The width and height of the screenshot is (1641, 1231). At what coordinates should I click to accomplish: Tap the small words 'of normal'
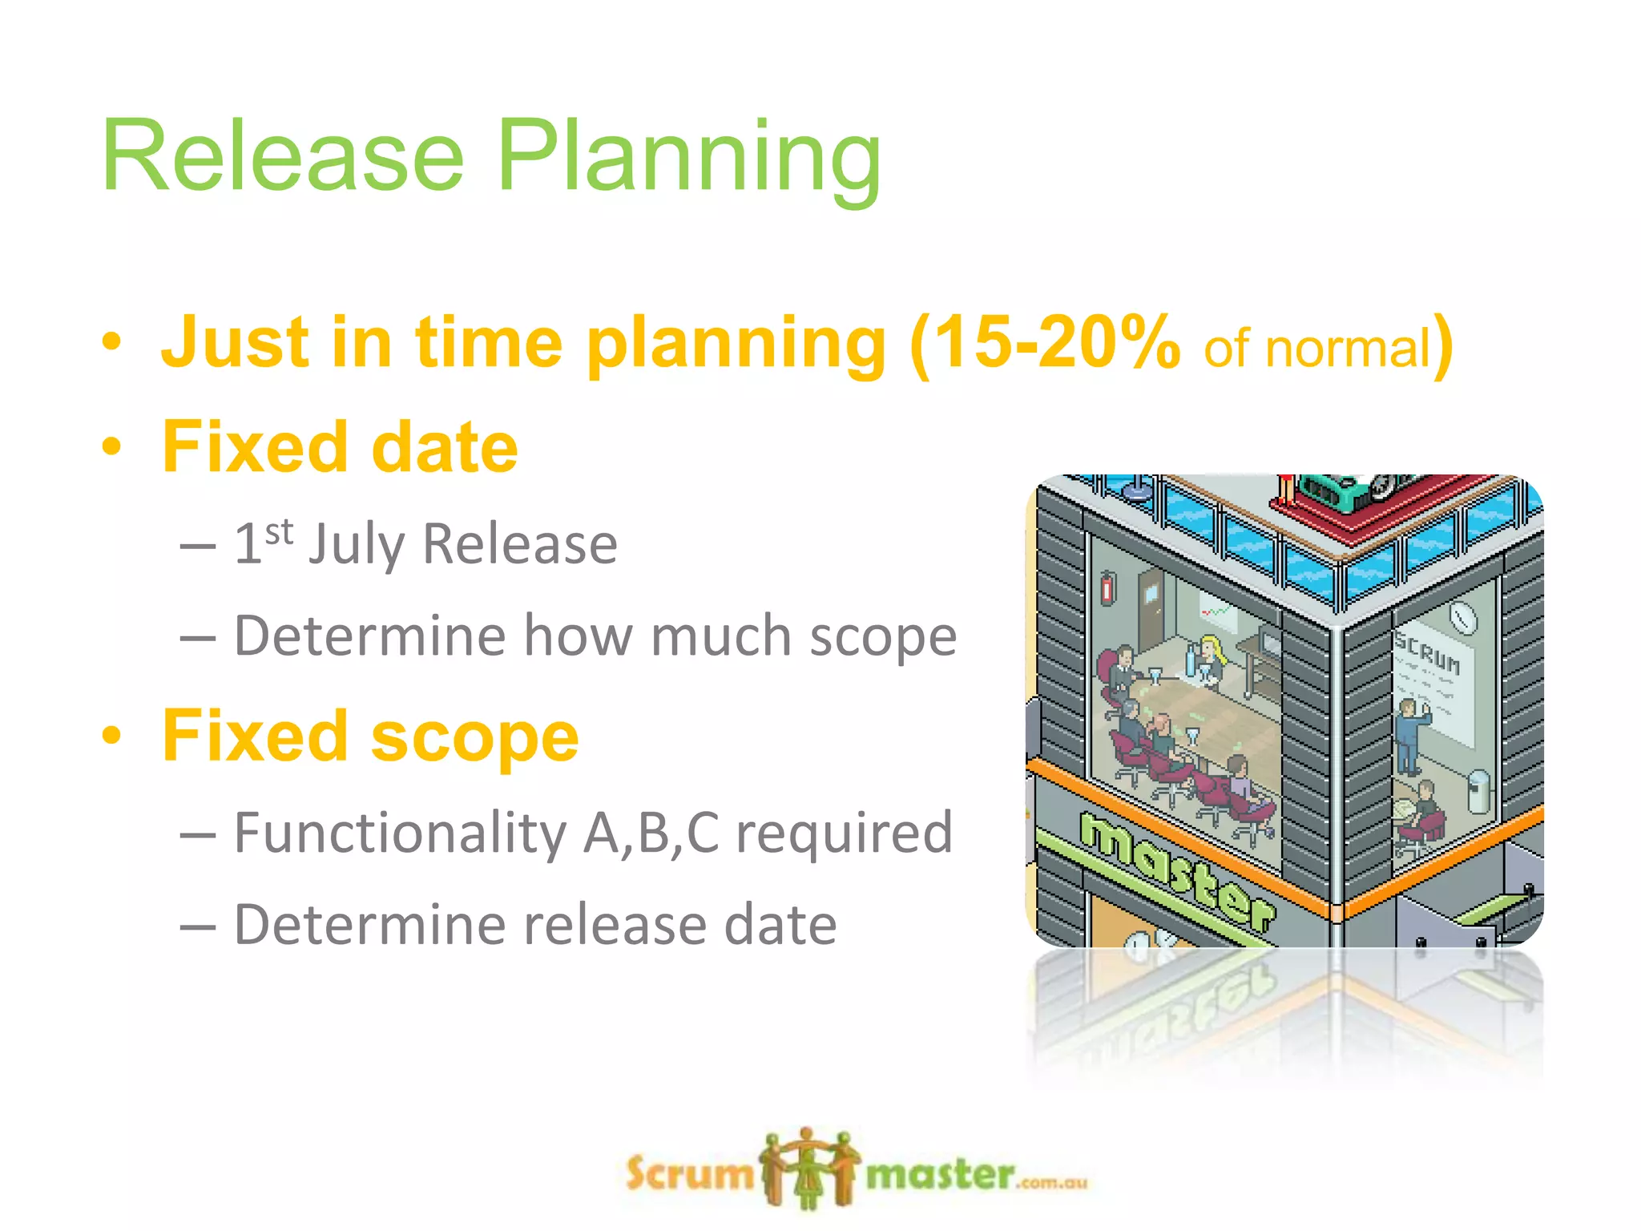coord(1317,349)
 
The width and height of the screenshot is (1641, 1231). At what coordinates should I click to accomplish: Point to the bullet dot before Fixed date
coord(111,446)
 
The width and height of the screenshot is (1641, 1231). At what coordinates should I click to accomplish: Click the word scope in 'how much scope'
coord(883,636)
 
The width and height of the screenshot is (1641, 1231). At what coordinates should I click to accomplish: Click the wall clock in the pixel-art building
coord(1463,617)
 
